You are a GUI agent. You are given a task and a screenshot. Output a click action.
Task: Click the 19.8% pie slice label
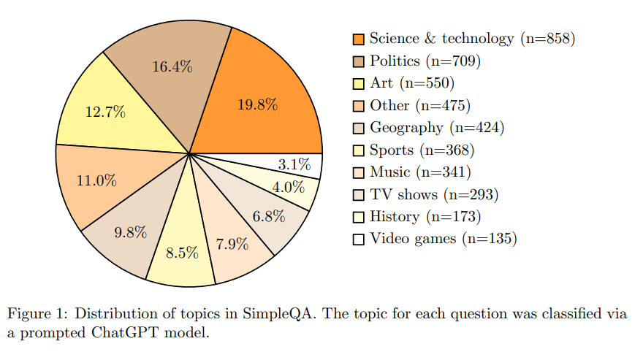tap(257, 104)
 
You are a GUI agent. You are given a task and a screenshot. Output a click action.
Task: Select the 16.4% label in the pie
tap(172, 67)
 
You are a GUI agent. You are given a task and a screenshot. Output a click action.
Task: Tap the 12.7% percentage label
tap(105, 112)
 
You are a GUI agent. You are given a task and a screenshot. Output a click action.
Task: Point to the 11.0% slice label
tap(96, 180)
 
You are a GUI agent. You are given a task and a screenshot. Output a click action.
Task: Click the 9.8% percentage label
tap(131, 233)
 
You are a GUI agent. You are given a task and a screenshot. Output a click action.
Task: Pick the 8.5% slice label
tap(182, 253)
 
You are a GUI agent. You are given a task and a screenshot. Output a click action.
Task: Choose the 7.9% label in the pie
tap(232, 244)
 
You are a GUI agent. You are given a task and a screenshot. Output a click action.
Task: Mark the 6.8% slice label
tap(270, 217)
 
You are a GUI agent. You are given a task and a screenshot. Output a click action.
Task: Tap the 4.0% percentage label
tap(288, 187)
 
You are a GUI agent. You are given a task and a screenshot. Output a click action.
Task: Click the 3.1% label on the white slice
tap(294, 164)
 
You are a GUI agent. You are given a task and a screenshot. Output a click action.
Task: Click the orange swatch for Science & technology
tap(358, 39)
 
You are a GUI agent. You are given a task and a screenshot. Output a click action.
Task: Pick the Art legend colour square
tap(358, 83)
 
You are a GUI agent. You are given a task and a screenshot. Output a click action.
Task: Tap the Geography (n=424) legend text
tap(437, 128)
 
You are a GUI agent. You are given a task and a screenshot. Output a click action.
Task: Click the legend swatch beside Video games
tap(358, 240)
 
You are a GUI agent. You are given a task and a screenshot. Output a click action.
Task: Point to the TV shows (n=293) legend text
tap(434, 195)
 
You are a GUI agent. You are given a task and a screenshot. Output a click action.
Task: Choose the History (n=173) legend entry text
tap(425, 217)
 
